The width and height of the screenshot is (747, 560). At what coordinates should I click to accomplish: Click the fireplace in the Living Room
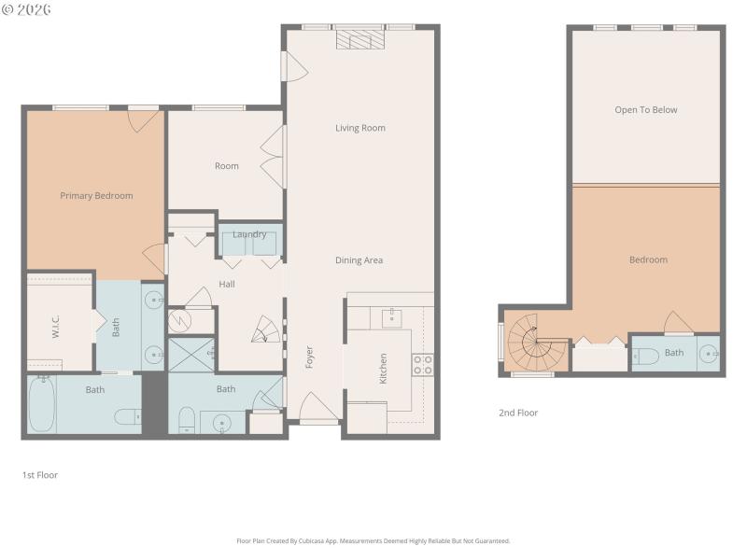pyautogui.click(x=360, y=38)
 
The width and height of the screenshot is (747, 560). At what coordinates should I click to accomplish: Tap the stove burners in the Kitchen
pyautogui.click(x=422, y=364)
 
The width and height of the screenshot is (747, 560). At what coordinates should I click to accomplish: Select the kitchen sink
pyautogui.click(x=392, y=317)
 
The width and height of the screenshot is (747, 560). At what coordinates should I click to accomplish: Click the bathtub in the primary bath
pyautogui.click(x=41, y=403)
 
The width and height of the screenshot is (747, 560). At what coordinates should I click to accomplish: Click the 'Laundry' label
pyautogui.click(x=249, y=234)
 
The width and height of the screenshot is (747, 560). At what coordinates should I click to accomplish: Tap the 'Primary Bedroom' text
pyautogui.click(x=96, y=196)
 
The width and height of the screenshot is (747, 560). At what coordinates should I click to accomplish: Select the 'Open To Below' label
pyautogui.click(x=645, y=110)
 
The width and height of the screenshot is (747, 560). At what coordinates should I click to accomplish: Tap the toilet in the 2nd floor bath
pyautogui.click(x=646, y=355)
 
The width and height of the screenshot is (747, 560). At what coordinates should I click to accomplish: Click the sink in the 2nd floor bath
pyautogui.click(x=709, y=354)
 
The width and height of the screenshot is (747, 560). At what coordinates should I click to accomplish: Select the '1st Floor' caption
pyautogui.click(x=40, y=475)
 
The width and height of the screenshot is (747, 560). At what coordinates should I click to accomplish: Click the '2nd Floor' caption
pyautogui.click(x=519, y=413)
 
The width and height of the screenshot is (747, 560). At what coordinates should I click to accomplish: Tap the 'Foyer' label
pyautogui.click(x=309, y=357)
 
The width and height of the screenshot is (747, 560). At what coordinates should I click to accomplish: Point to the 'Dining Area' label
pyautogui.click(x=359, y=260)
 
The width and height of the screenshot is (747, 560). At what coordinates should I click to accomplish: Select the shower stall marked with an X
pyautogui.click(x=191, y=356)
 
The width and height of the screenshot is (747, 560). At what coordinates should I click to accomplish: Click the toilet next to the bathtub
pyautogui.click(x=129, y=414)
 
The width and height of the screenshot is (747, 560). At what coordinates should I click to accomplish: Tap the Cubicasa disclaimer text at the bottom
pyautogui.click(x=373, y=540)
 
